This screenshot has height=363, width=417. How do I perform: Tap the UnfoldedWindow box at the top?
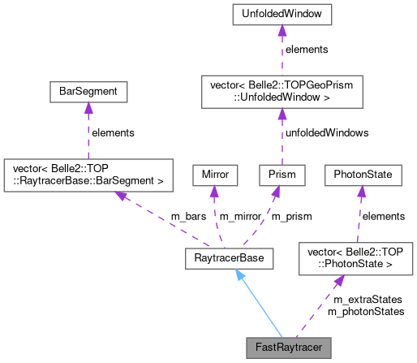(281, 14)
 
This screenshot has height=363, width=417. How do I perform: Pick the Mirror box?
(213, 174)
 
